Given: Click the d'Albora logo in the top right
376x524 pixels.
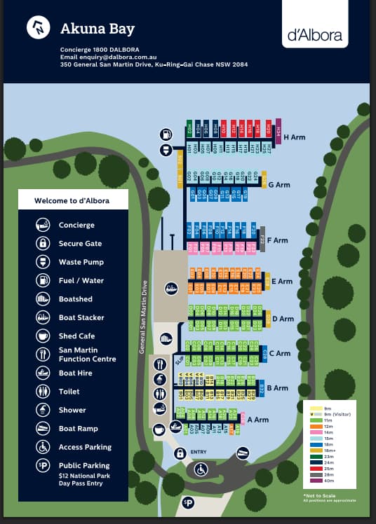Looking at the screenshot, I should click(315, 35).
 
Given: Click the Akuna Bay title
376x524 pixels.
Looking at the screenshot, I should click(98, 29).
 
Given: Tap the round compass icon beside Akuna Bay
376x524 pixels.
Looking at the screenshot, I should click(38, 28).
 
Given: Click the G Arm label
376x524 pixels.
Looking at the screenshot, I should click(279, 185).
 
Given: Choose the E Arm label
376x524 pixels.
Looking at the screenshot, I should click(281, 282).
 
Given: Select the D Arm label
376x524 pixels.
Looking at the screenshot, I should click(283, 319).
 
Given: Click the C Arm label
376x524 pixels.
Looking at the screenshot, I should click(279, 353).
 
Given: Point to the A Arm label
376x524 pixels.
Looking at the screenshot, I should click(258, 420).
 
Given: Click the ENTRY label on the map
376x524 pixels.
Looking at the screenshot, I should click(199, 453).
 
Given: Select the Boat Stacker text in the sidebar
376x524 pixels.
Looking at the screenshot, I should click(81, 317).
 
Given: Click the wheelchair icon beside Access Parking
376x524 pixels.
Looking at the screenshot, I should click(43, 447).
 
